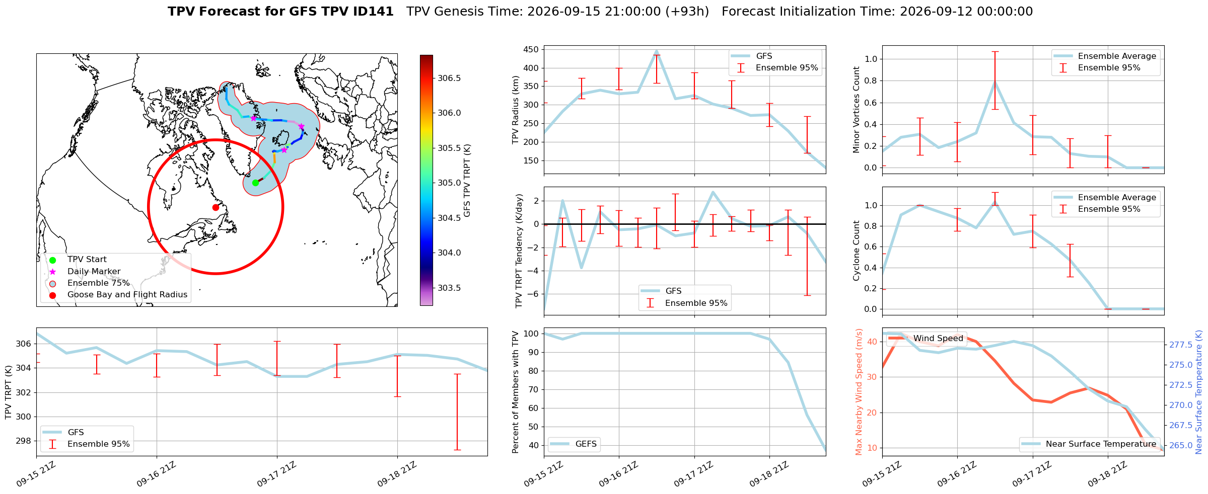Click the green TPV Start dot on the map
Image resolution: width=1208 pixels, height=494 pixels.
coord(255,183)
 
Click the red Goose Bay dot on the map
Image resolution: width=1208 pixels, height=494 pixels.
coord(216,207)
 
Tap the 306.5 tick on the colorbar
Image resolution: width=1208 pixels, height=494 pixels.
coord(449,78)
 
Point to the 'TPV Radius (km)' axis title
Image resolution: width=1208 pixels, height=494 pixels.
coord(515,110)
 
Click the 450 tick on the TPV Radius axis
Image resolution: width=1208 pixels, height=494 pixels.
coord(531,49)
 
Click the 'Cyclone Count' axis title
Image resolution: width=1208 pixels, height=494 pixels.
coord(856,251)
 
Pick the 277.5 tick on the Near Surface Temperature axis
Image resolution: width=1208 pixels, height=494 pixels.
coord(1180,345)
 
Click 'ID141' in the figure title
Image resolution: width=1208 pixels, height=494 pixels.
coord(374,12)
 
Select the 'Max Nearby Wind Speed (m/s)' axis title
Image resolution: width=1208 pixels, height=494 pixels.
coord(859,392)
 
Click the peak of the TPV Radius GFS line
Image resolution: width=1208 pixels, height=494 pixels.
coord(657,51)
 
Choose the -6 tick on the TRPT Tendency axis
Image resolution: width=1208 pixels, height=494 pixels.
coord(534,294)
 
